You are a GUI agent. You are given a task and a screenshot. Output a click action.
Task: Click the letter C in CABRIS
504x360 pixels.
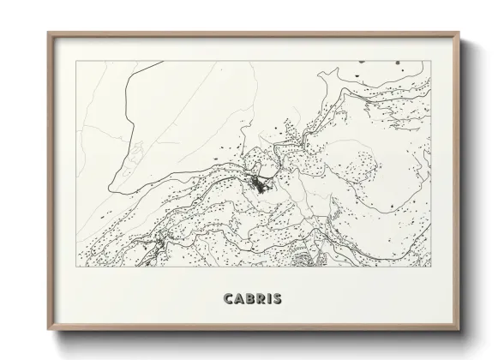coord(229,299)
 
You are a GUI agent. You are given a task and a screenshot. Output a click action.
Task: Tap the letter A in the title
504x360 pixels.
coord(240,299)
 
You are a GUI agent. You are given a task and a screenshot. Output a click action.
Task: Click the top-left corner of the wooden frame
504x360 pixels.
coord(48,33)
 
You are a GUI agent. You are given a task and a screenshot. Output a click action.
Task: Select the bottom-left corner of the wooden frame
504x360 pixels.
coord(48,331)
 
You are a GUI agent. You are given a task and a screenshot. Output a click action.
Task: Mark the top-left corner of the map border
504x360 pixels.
coord(76,62)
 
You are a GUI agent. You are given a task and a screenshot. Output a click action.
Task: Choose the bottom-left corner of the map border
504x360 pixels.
coord(76,267)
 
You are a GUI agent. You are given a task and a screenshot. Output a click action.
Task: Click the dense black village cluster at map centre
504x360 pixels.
coord(259,183)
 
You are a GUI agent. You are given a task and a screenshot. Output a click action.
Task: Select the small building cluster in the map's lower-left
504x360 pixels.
coord(158,247)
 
